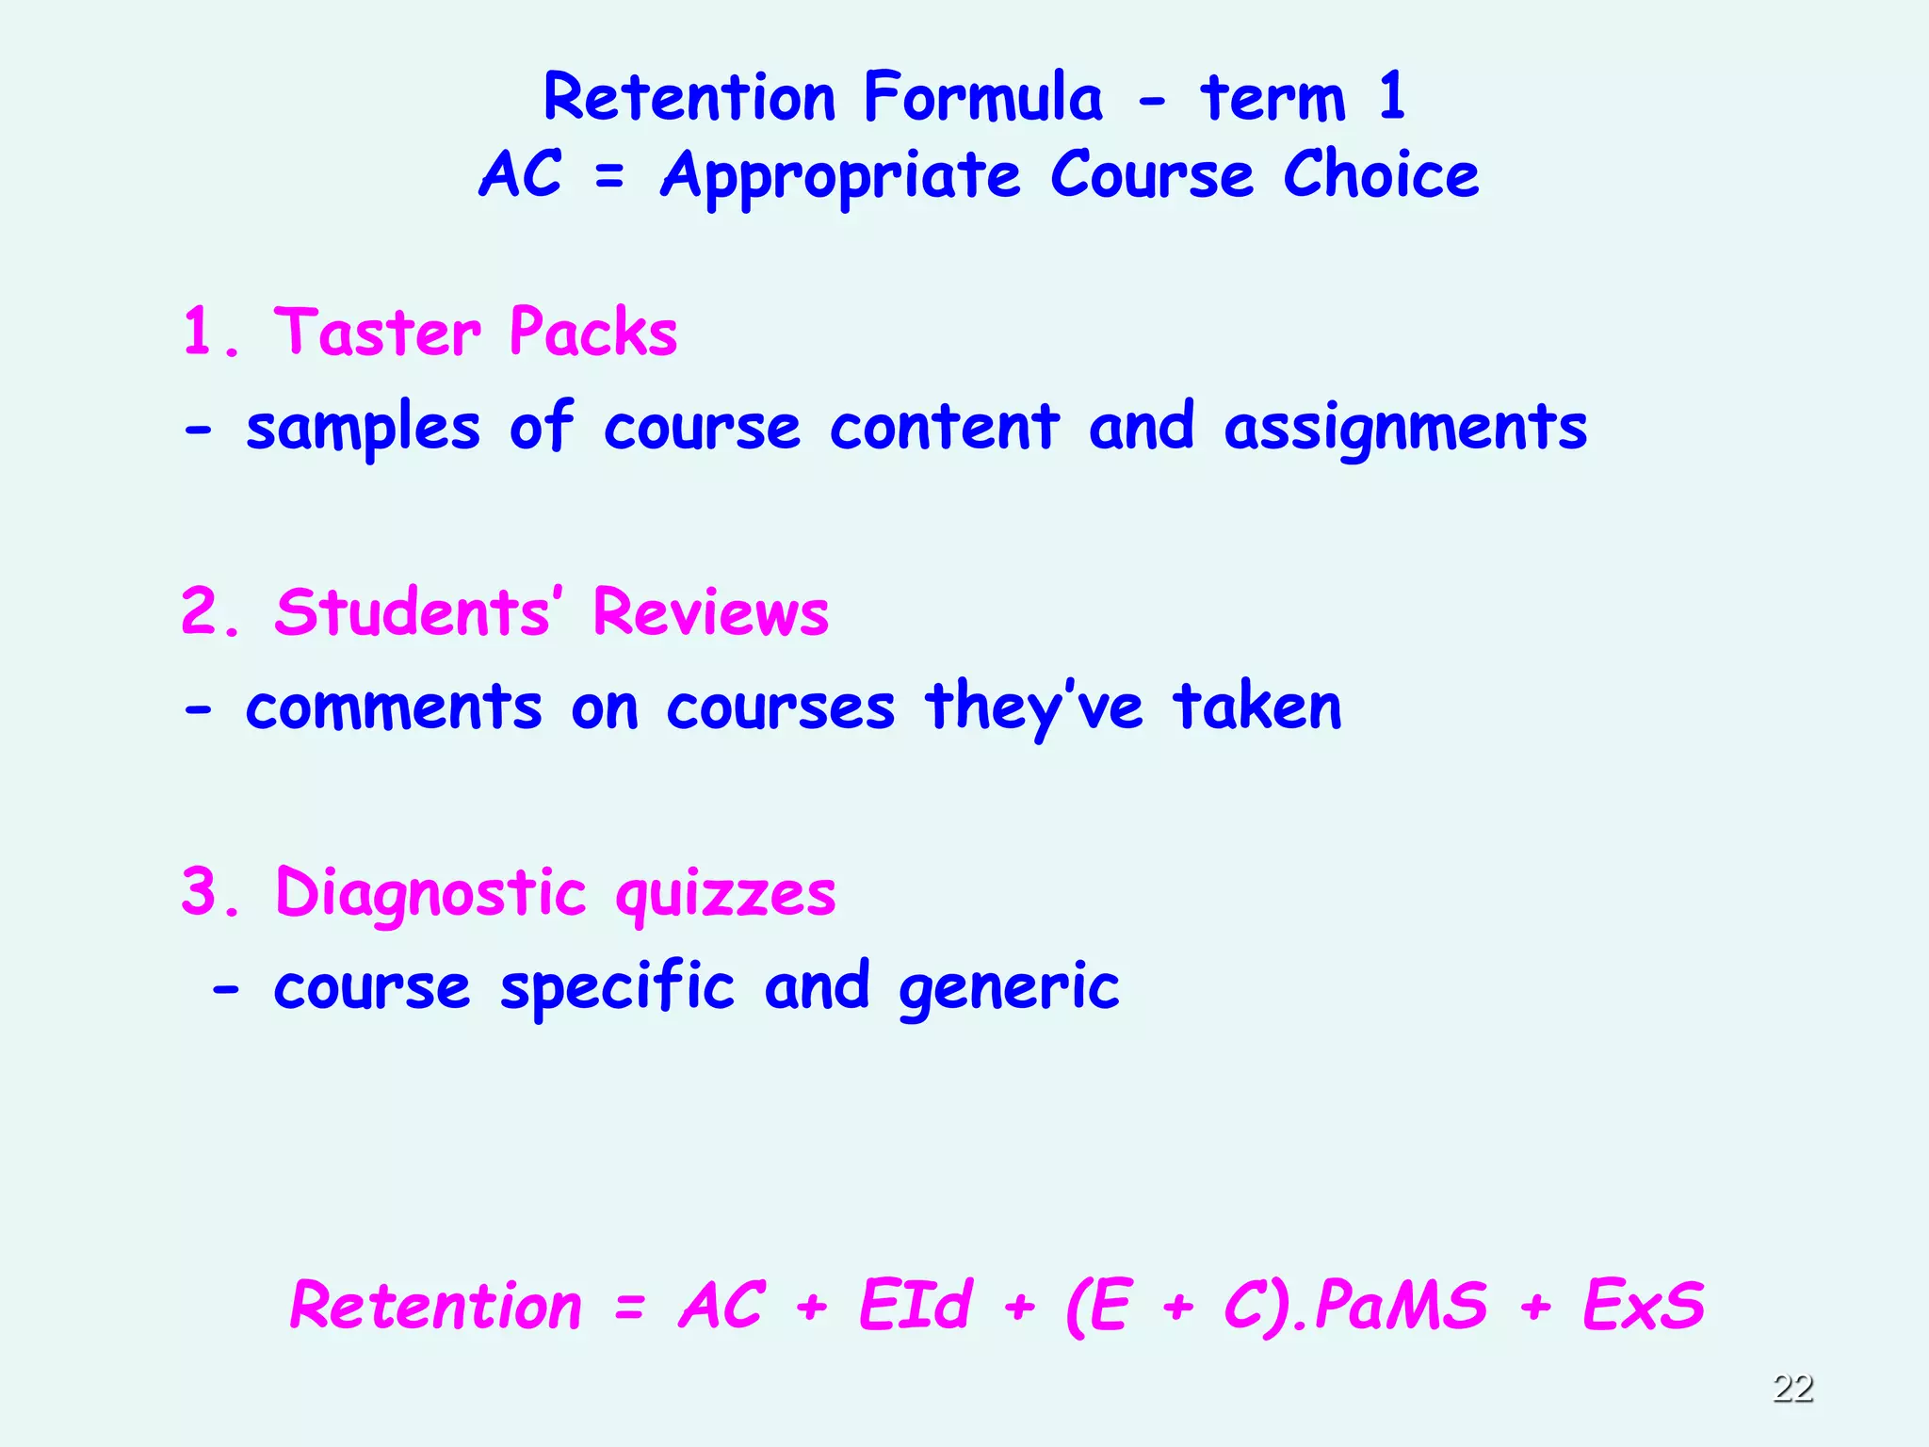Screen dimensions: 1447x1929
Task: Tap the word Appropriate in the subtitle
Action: [x=840, y=177]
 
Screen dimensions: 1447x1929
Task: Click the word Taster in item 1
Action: [x=377, y=333]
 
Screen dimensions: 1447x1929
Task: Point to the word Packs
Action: [x=592, y=333]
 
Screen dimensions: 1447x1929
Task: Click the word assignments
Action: [x=1404, y=429]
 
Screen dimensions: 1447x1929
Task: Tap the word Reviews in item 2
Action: [x=711, y=612]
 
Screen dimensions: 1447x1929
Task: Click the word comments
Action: [x=394, y=707]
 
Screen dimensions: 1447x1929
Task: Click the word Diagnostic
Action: [x=431, y=894]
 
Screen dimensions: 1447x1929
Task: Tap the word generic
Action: [x=1009, y=989]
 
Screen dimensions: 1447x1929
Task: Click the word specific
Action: [x=617, y=989]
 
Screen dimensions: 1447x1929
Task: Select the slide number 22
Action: [x=1792, y=1388]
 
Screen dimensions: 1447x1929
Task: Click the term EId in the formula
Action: [x=915, y=1306]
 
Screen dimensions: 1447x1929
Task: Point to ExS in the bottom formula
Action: [x=1644, y=1306]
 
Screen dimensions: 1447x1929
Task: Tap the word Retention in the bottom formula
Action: [x=436, y=1306]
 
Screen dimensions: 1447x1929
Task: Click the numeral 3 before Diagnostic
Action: [x=200, y=891]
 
